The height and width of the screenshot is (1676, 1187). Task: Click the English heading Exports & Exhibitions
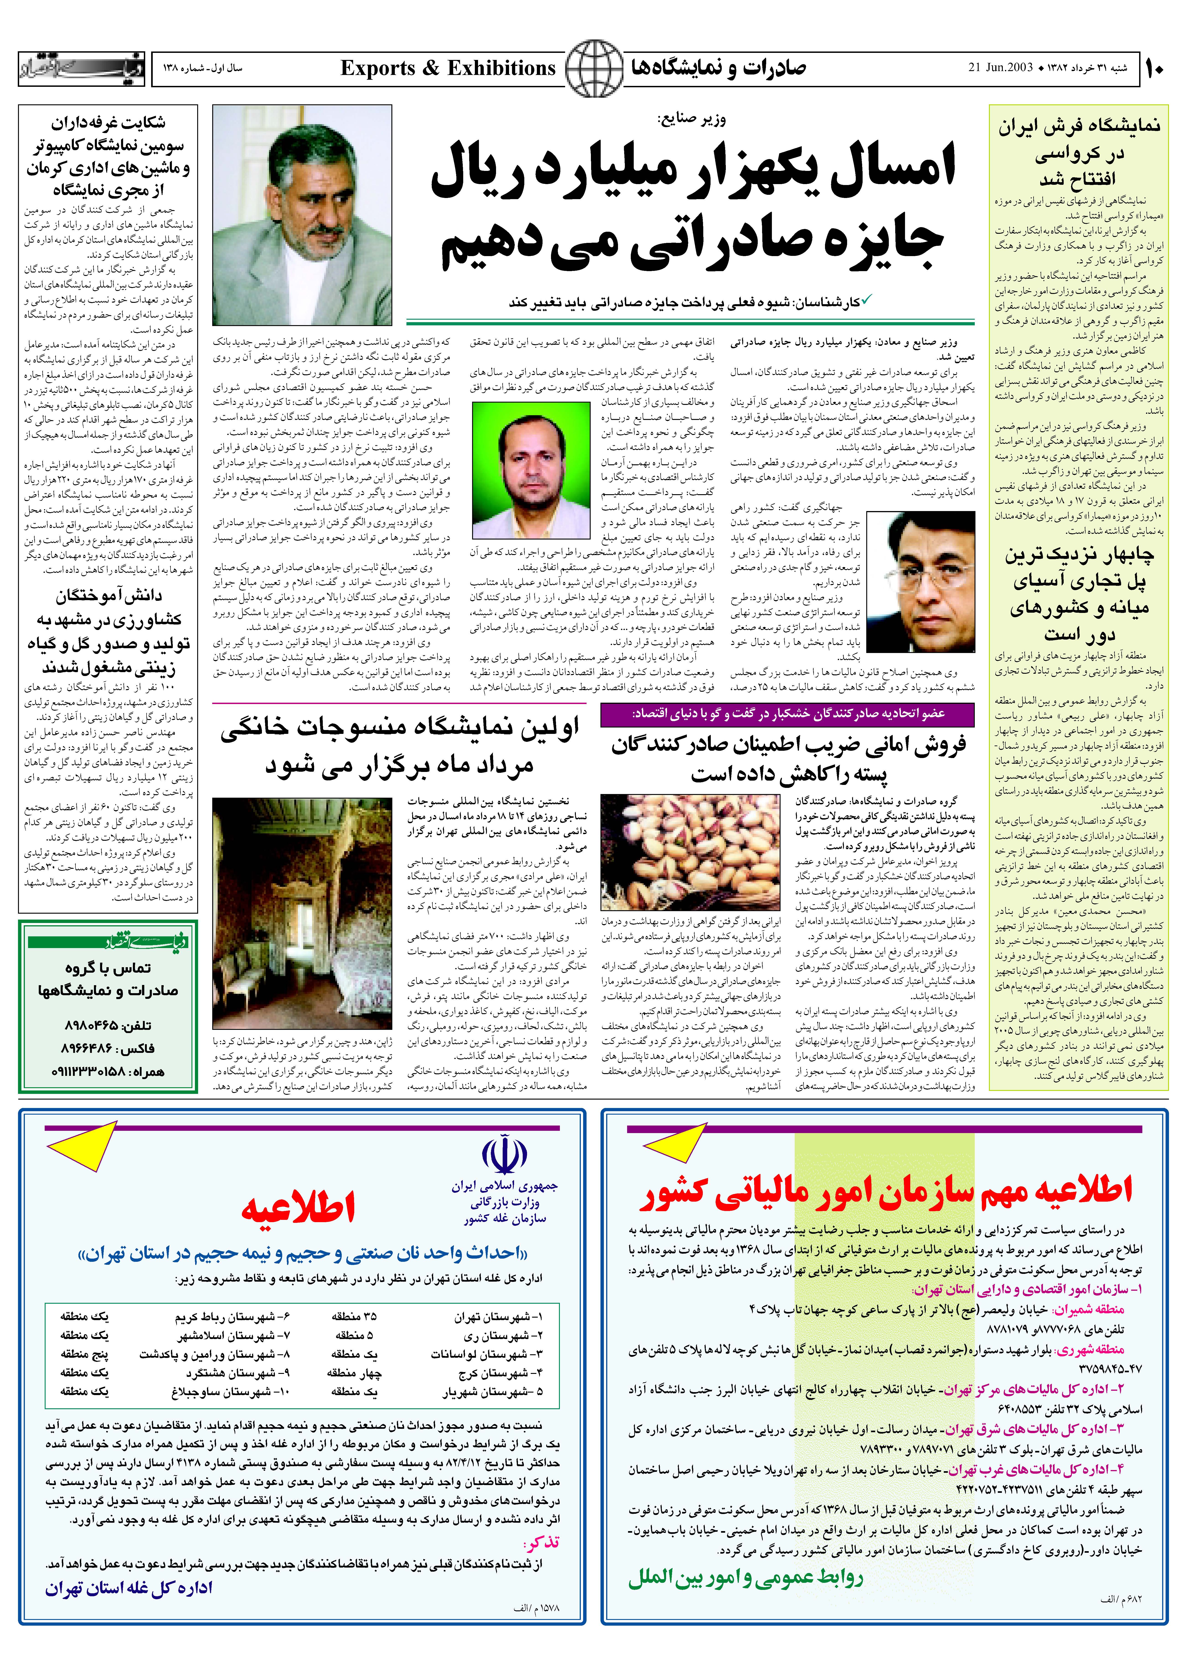point(448,69)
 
